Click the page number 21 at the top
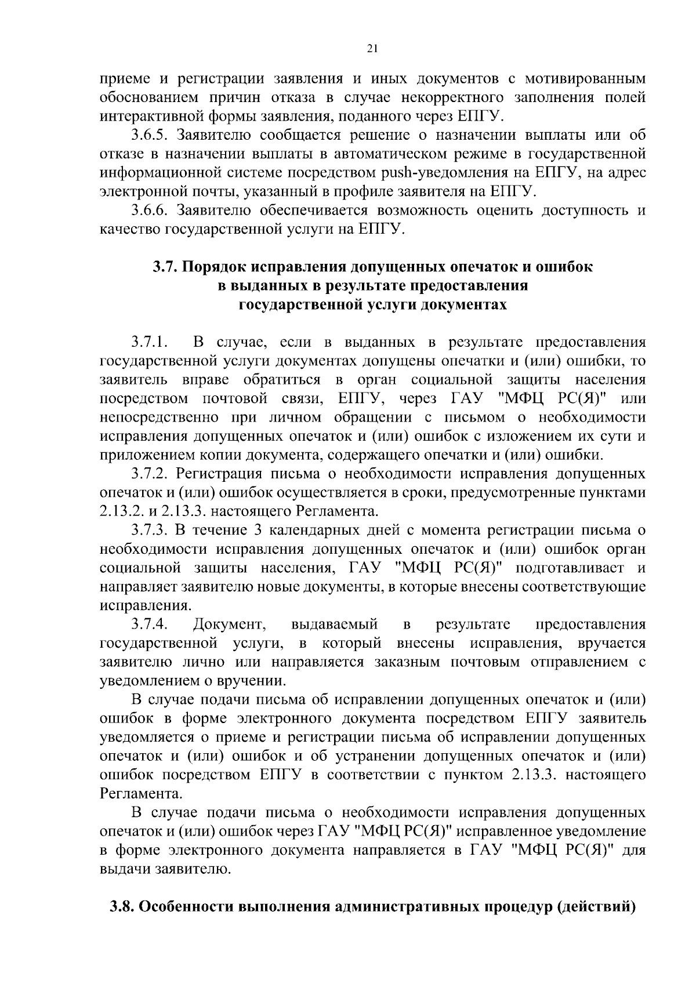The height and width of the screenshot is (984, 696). (x=372, y=49)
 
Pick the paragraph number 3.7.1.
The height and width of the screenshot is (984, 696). (x=149, y=342)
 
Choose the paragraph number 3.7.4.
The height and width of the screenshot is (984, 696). (x=149, y=624)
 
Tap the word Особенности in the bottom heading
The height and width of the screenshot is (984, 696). (x=187, y=906)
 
